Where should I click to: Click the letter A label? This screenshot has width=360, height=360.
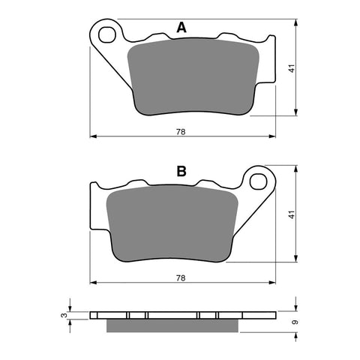(181, 28)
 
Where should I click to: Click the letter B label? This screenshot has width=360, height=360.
(181, 172)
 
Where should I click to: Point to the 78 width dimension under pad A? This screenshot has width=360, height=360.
(181, 132)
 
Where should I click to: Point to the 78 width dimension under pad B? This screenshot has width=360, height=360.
(181, 277)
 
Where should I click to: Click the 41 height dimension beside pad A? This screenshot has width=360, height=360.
(291, 69)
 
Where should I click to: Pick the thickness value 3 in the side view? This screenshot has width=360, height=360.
(62, 316)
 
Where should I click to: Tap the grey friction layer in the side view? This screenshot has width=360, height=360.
(174, 325)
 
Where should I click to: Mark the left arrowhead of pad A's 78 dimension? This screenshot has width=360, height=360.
(93, 137)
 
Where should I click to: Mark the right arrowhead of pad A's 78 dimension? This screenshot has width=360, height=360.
(271, 137)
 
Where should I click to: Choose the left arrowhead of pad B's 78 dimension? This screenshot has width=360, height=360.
(93, 283)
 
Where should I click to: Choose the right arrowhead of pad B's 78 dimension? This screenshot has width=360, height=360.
(271, 283)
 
